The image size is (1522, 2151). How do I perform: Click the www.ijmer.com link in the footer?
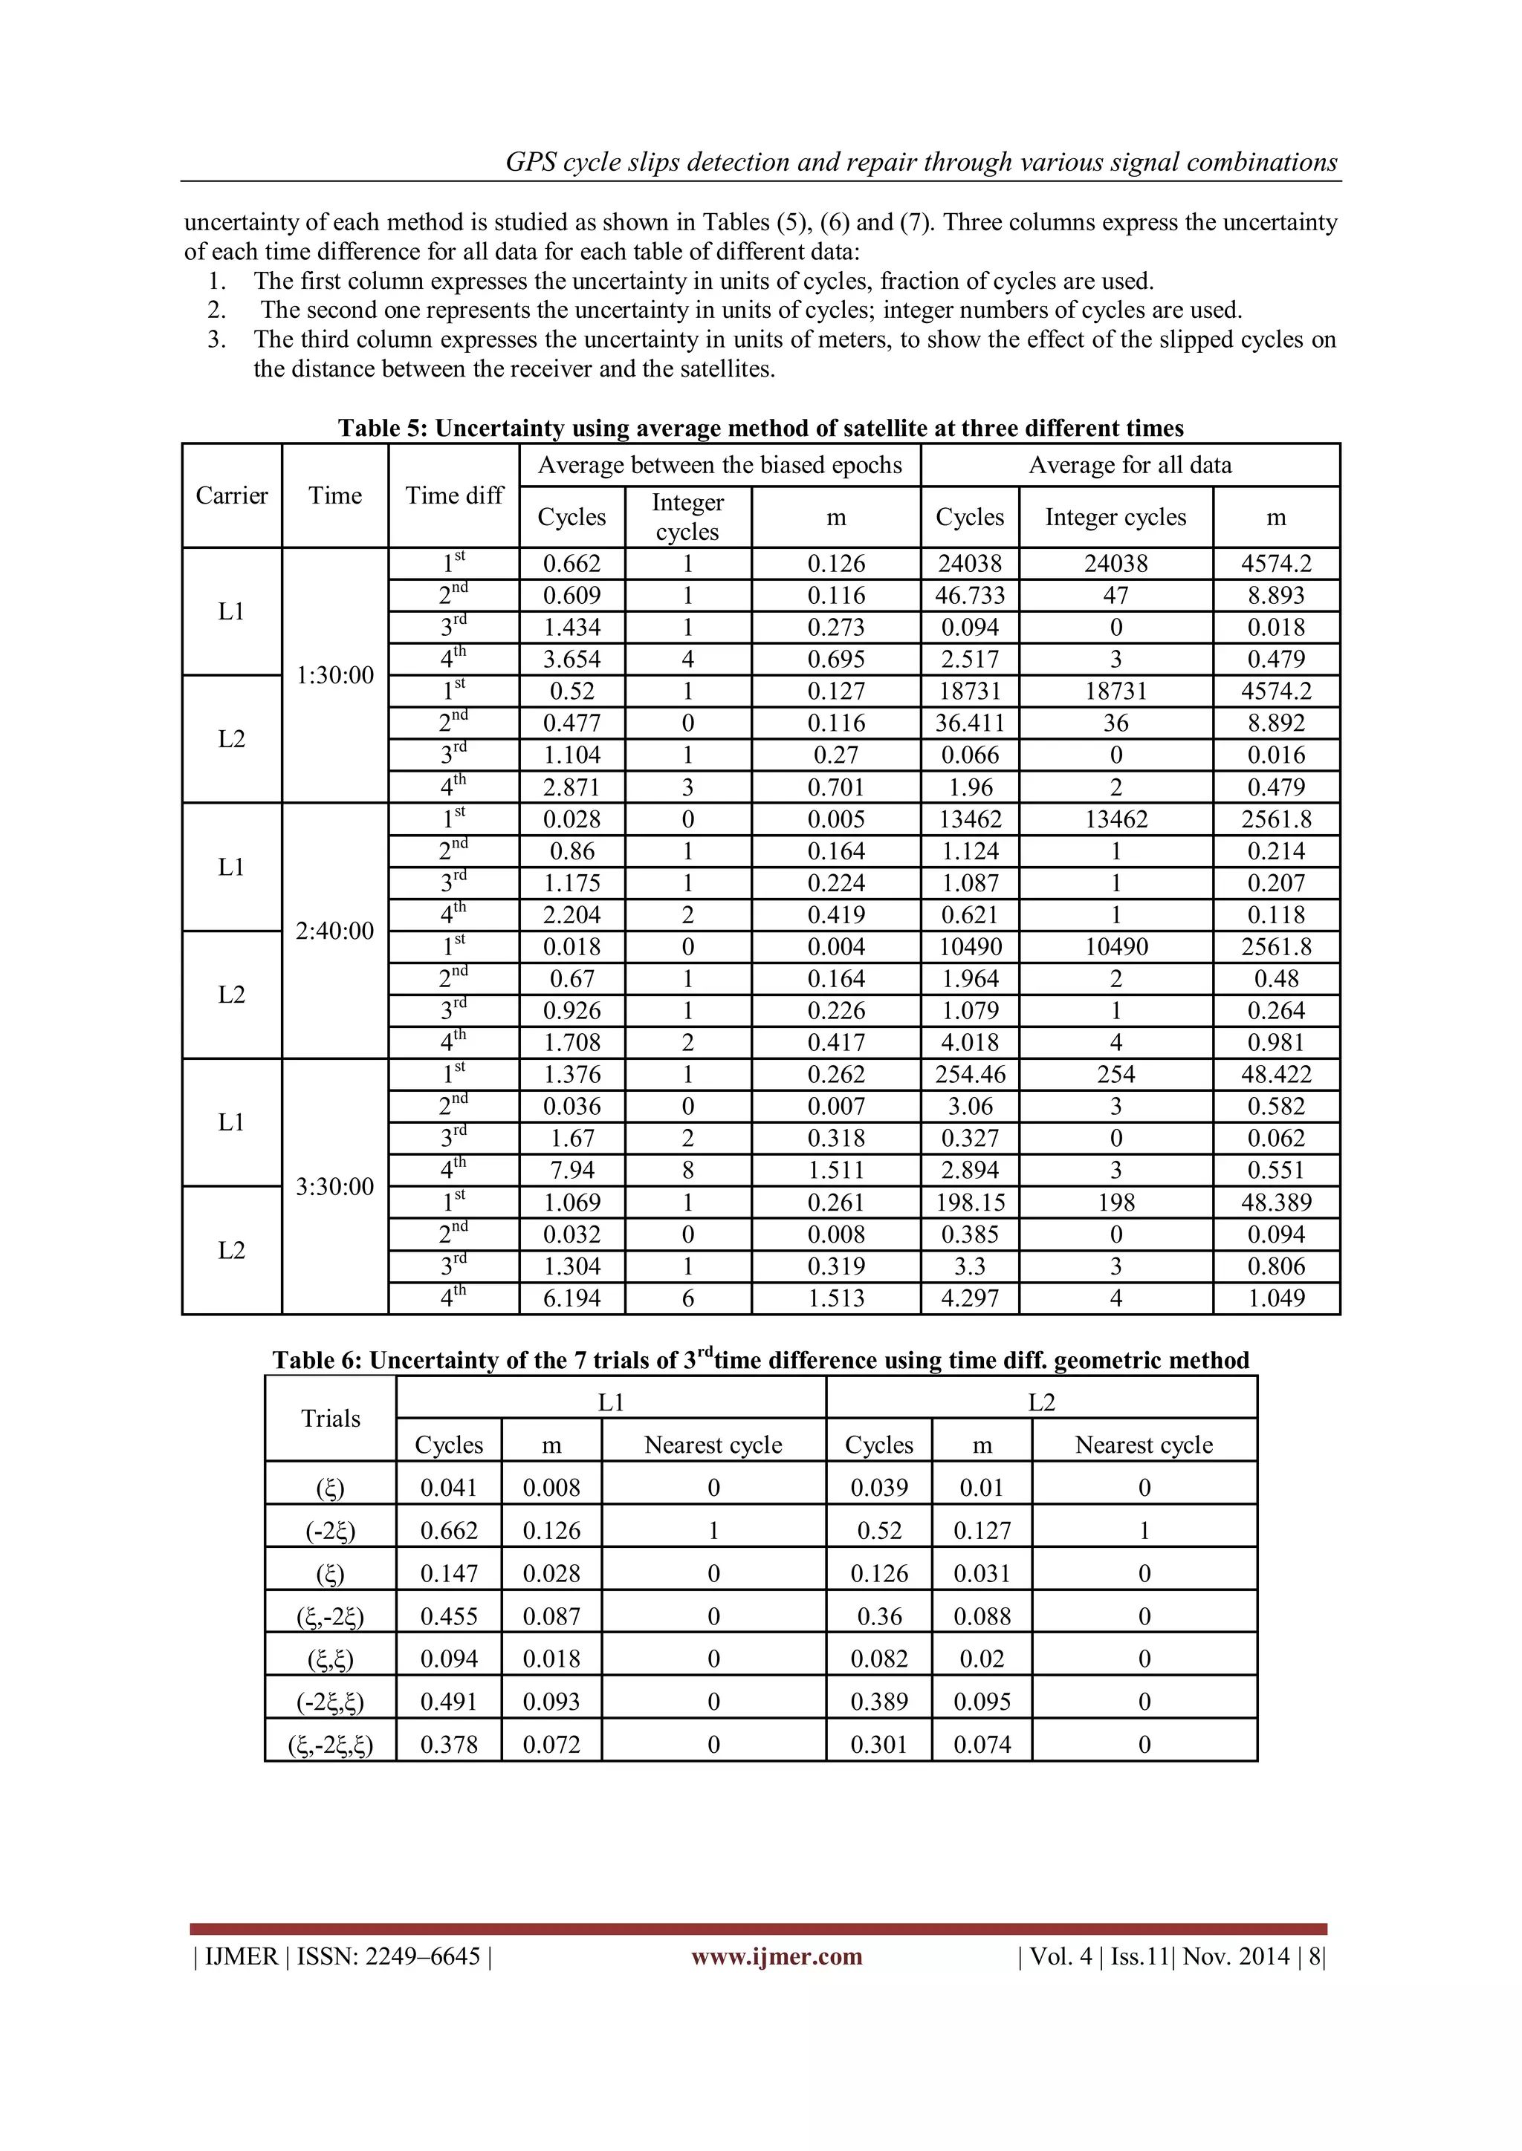click(x=776, y=1956)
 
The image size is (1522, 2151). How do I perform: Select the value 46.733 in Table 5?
click(x=969, y=596)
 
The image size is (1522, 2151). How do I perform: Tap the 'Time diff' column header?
click(x=453, y=495)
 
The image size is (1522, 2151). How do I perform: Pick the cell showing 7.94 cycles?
click(x=571, y=1170)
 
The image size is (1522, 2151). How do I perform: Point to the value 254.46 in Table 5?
click(x=969, y=1075)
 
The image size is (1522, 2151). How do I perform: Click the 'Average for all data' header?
click(x=1130, y=466)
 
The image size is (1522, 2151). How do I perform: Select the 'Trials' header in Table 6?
click(x=330, y=1419)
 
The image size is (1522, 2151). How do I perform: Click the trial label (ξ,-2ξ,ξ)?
click(x=330, y=1745)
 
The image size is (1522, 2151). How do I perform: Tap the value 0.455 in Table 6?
click(x=449, y=1616)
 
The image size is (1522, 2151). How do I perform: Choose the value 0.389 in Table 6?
click(x=878, y=1702)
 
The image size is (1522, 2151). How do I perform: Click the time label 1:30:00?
click(x=334, y=674)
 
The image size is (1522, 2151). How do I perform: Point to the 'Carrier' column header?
click(x=231, y=495)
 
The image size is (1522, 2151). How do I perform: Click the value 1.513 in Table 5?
click(x=836, y=1298)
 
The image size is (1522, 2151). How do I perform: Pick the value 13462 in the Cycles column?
click(x=969, y=820)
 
